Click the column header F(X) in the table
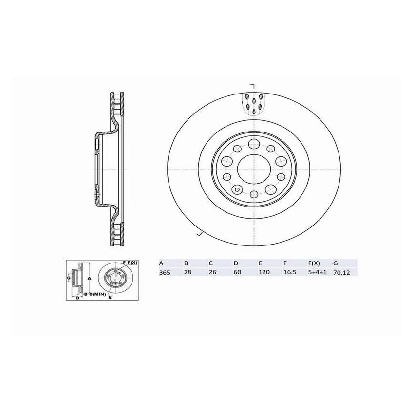coord(314,263)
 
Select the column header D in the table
coord(235,263)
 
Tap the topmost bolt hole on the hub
coord(254,143)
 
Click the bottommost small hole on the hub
coord(254,195)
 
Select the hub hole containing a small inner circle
coord(238,189)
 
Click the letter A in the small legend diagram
coord(89,278)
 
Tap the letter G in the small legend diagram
coord(69,278)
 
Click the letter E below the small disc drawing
coord(110,297)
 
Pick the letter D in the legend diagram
coord(77,297)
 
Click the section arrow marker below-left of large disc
coord(198,235)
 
